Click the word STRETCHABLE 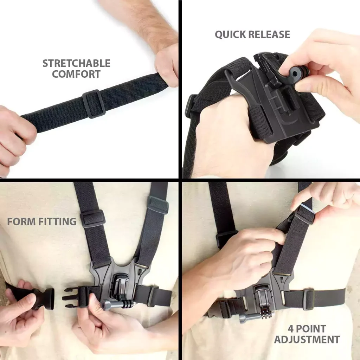(76, 63)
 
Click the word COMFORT (76, 74)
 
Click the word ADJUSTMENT (307, 340)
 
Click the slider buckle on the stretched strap (94, 104)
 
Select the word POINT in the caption (311, 329)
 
